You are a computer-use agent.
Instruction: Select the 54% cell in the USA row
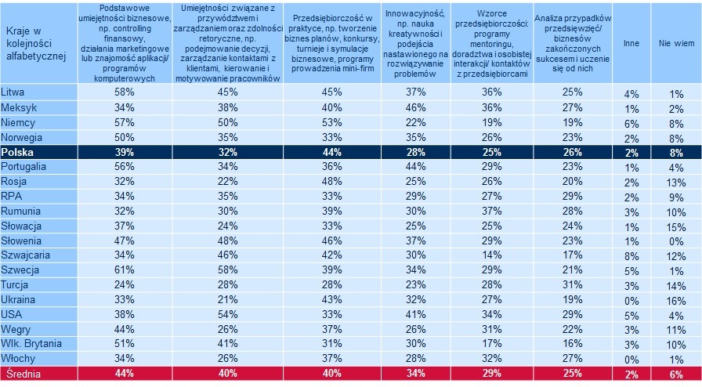point(226,315)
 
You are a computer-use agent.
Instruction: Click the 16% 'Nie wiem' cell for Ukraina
point(675,300)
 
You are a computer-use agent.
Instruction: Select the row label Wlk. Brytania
point(34,345)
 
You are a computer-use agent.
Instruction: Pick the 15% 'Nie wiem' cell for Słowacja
point(675,226)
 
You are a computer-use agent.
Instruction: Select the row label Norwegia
point(24,137)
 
